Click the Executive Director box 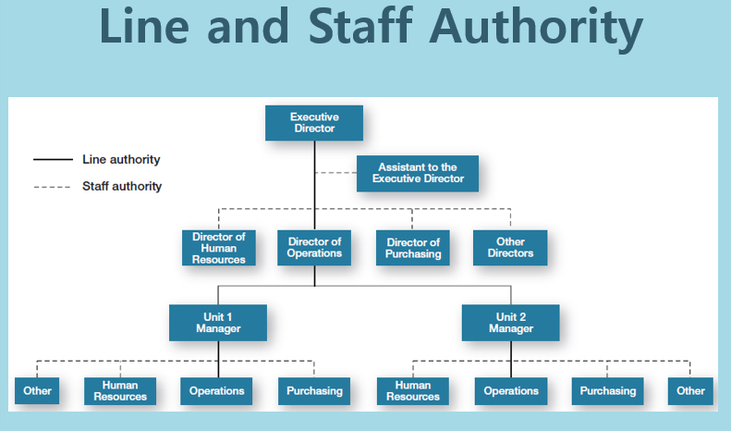tap(313, 123)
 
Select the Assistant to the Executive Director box tap(418, 173)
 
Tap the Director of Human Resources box tap(218, 248)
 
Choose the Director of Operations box tap(314, 248)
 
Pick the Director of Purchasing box tap(413, 248)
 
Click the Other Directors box tap(509, 248)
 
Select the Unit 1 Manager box tap(218, 322)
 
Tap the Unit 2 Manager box tap(510, 322)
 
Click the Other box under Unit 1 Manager tap(38, 390)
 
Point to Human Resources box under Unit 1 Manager tap(120, 390)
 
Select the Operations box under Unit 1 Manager tap(217, 390)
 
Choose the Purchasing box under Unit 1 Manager tap(314, 390)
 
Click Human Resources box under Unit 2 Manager tap(413, 390)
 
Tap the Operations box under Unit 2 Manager tap(510, 390)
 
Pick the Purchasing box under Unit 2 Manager tap(607, 390)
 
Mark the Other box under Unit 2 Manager tap(690, 390)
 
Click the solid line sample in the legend tap(53, 160)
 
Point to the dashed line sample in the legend tap(53, 186)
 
